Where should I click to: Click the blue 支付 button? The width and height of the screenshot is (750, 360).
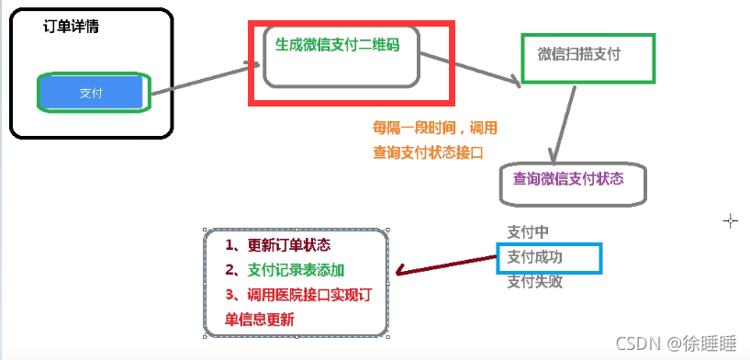[92, 92]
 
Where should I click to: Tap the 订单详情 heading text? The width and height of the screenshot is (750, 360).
[72, 27]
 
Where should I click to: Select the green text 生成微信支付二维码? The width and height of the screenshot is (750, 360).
[337, 43]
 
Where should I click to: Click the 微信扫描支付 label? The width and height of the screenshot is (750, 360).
[579, 53]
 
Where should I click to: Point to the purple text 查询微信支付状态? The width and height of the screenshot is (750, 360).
[568, 178]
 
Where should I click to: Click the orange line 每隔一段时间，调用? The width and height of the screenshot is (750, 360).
[434, 128]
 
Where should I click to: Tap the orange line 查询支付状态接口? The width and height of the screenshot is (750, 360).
[428, 152]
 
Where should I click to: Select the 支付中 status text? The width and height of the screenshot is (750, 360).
[528, 232]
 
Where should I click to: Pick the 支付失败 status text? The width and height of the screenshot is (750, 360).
[534, 282]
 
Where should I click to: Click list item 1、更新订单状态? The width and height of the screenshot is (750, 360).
[277, 245]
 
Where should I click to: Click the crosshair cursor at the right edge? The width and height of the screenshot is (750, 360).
[731, 220]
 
